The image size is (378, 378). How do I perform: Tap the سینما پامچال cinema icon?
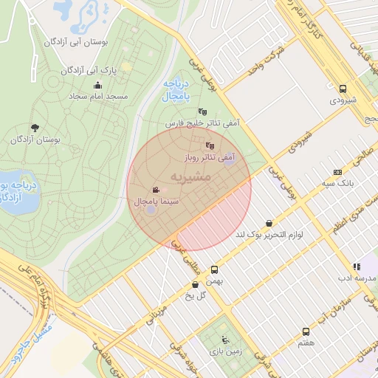coord(156,190)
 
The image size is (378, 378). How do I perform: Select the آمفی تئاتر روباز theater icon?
coord(210,145)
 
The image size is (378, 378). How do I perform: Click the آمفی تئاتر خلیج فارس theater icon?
coord(202,111)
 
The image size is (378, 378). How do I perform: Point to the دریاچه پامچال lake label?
coord(176,91)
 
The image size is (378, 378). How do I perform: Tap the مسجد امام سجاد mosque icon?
coord(98,85)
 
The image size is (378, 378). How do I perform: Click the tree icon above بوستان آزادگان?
coord(35,127)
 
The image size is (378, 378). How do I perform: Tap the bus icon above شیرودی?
coord(343,87)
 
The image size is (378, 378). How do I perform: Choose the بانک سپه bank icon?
coord(338,171)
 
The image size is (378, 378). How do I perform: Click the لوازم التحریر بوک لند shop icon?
coord(268,223)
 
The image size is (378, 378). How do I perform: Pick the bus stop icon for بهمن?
coord(214,270)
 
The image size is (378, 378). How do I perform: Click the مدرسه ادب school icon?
coord(357,267)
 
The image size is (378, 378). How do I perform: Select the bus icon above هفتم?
coord(306,332)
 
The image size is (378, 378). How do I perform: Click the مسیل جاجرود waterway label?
coord(33,341)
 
